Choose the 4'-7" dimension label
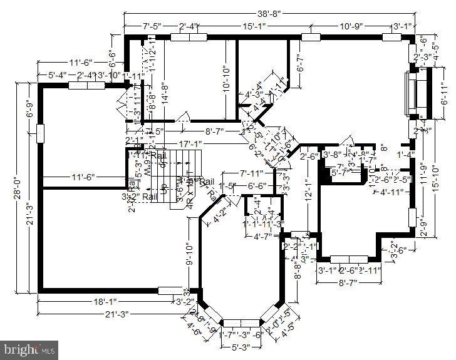coord(261,236)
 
